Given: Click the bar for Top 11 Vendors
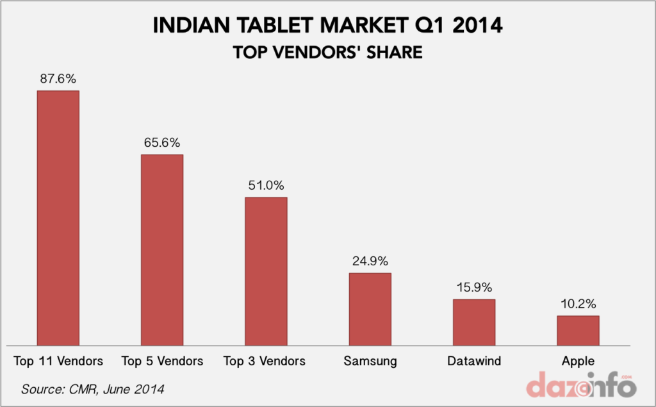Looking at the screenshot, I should tap(58, 218).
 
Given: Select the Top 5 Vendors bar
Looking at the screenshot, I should tap(162, 250).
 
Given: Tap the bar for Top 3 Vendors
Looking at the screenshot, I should tap(266, 271).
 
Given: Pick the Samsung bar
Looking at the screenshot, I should tap(370, 310).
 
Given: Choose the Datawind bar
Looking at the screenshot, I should tap(474, 322).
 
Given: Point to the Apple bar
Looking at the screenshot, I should tap(578, 331).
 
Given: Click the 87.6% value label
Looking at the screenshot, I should tap(58, 79).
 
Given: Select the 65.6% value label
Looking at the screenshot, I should tap(162, 143).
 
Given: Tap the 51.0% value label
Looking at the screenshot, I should tap(266, 185).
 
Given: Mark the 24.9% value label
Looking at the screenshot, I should tap(370, 262).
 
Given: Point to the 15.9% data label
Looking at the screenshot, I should tap(474, 287).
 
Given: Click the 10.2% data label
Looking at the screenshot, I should tap(578, 304).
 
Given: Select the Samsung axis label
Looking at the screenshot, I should tap(370, 361).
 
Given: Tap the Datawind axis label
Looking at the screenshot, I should tap(474, 361).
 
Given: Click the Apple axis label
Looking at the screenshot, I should tap(578, 361).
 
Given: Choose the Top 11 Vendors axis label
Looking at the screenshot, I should tap(58, 361).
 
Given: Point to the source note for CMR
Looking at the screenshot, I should tap(93, 389).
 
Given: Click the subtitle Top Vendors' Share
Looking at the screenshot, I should tap(327, 52).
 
